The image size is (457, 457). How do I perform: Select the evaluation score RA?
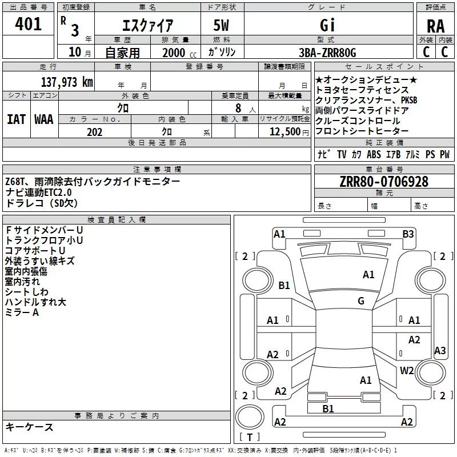pyautogui.click(x=435, y=26)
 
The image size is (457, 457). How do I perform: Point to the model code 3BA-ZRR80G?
pyautogui.click(x=327, y=53)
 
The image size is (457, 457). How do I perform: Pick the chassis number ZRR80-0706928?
pyautogui.click(x=383, y=182)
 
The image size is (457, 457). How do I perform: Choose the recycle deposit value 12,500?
pyautogui.click(x=284, y=132)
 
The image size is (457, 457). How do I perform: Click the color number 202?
pyautogui.click(x=94, y=132)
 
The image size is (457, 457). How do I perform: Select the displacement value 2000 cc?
pyautogui.click(x=174, y=53)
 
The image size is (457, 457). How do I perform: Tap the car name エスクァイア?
pyautogui.click(x=148, y=25)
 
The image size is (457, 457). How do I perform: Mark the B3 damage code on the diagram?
pyautogui.click(x=408, y=234)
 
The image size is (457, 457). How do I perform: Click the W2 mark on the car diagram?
pyautogui.click(x=407, y=370)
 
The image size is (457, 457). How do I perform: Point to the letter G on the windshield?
pyautogui.click(x=361, y=301)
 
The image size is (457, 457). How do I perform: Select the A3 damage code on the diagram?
pyautogui.click(x=440, y=351)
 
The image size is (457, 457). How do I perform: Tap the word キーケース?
pyautogui.click(x=30, y=427)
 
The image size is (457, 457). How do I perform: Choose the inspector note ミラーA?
pyautogui.click(x=22, y=312)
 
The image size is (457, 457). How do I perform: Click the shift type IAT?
pyautogui.click(x=16, y=119)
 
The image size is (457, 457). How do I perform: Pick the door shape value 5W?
pyautogui.click(x=222, y=25)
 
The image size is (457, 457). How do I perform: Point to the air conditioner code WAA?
pyautogui.click(x=43, y=119)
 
